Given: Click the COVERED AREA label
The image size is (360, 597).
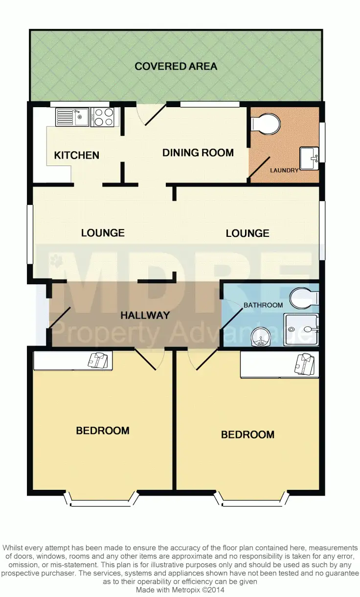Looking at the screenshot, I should (x=176, y=66).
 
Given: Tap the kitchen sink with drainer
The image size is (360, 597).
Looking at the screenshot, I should (x=72, y=117).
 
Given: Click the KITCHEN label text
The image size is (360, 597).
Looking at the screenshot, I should (x=76, y=156).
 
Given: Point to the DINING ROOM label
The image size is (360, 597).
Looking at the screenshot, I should (x=198, y=153).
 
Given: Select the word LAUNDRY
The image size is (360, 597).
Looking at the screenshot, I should (x=284, y=171).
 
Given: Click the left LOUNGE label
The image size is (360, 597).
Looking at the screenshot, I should (x=103, y=233).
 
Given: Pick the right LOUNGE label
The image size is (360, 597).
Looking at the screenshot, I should (x=247, y=233).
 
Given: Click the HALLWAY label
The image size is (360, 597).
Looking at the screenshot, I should (x=145, y=316).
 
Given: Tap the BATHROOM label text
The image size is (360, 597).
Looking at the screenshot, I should (x=263, y=305).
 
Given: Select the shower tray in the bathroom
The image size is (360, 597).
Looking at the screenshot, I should (x=301, y=329).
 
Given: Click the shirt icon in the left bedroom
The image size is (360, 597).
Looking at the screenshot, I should (x=97, y=360).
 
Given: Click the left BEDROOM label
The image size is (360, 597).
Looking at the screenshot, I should (x=103, y=431).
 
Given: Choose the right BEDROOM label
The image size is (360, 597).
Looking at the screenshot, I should (x=247, y=435).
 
